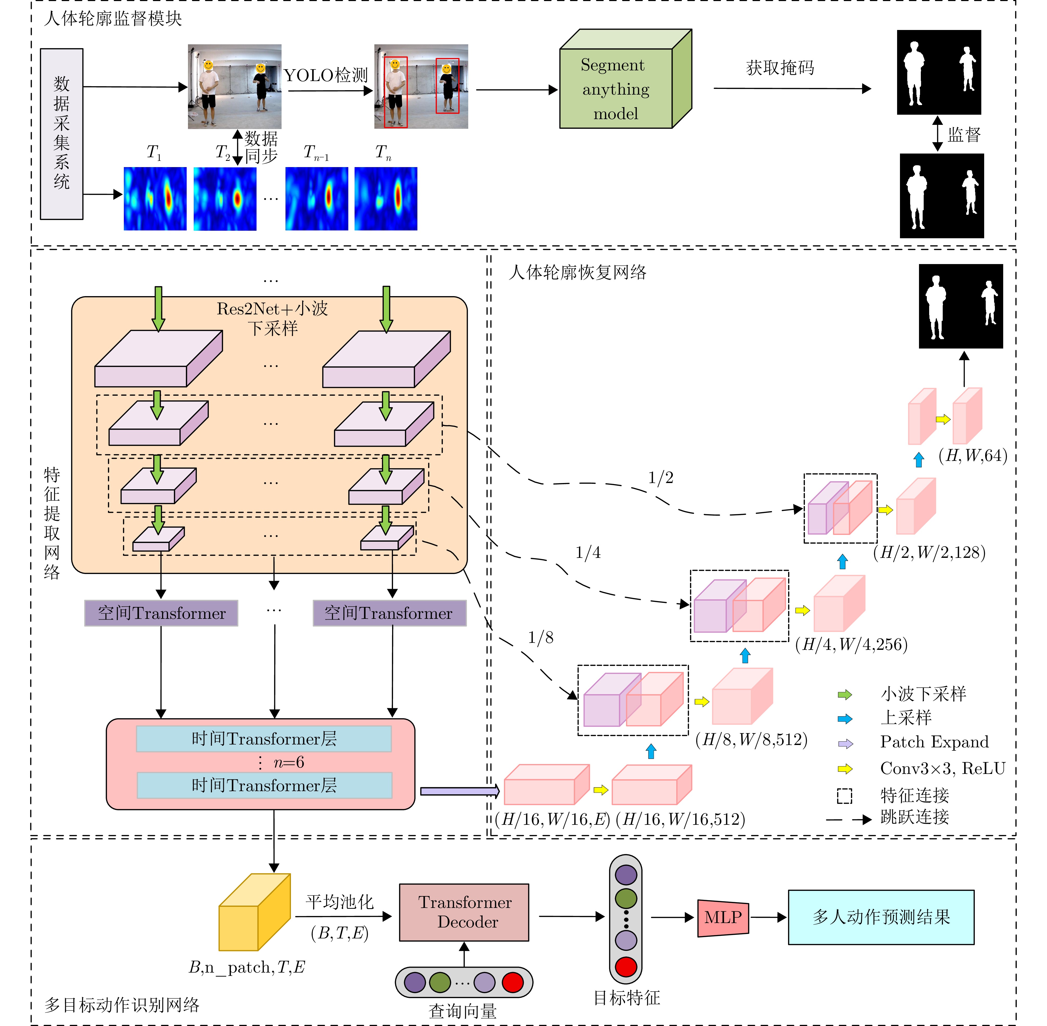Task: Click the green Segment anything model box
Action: (x=616, y=89)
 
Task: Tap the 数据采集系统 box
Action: (x=62, y=134)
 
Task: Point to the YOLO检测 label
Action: (x=326, y=75)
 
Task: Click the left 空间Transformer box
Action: (x=161, y=613)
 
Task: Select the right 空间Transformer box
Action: (x=389, y=613)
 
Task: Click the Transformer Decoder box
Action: (x=464, y=912)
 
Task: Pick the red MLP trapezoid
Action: (x=723, y=918)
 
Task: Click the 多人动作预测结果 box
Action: (x=881, y=917)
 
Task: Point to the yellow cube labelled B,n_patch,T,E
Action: (x=254, y=913)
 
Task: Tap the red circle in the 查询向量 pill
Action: (x=513, y=982)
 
